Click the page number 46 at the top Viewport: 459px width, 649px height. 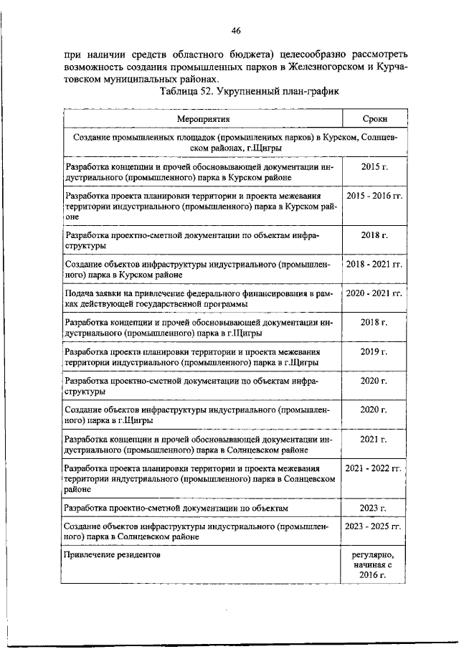tap(236, 30)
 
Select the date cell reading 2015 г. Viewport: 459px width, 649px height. tap(373, 167)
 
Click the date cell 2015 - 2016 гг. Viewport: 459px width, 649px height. tap(373, 195)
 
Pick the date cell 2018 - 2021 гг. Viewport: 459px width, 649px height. tap(373, 265)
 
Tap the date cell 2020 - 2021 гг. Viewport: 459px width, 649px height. tap(373, 294)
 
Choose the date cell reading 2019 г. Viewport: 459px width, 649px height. tap(373, 352)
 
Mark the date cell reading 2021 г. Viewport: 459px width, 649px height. tap(373, 438)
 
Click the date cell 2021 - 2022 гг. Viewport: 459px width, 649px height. tap(373, 468)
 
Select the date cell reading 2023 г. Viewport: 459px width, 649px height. tap(373, 508)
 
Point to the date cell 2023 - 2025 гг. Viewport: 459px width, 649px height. tap(373, 526)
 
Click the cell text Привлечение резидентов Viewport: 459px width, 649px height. tap(112, 554)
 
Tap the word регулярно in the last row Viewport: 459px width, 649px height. tap(373, 556)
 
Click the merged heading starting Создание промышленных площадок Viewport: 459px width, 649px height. tap(236, 141)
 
